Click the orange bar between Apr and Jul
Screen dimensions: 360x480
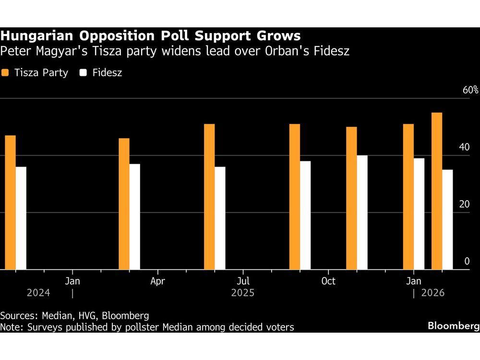[209, 197]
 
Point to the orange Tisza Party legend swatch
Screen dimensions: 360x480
[5, 73]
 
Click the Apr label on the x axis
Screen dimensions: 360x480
[157, 281]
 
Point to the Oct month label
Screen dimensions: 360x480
[328, 281]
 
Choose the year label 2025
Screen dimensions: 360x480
[243, 293]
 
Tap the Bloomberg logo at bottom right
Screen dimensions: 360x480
[453, 326]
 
